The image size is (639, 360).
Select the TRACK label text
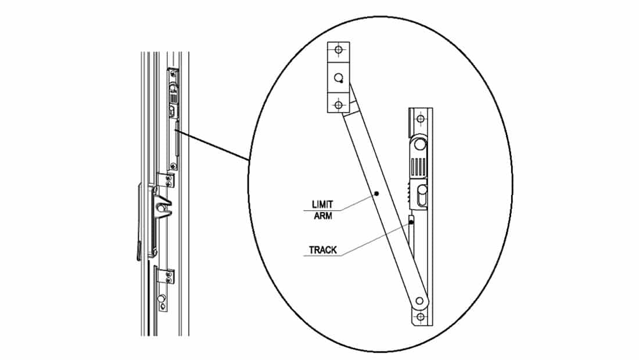pos(323,250)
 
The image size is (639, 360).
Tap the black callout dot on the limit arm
pos(376,194)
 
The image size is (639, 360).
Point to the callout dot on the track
pos(411,221)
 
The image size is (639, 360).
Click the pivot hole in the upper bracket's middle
pos(339,78)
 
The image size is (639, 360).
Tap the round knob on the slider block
pos(419,143)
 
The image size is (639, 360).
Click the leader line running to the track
pos(378,238)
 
